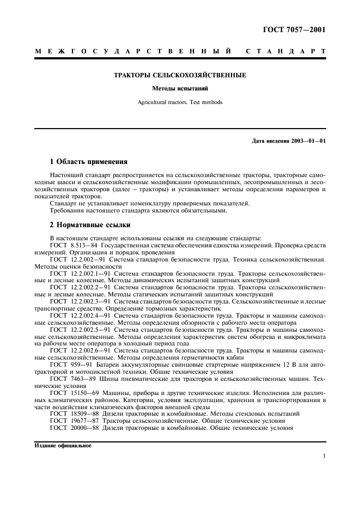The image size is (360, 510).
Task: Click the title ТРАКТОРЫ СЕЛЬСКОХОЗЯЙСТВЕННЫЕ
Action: click(180, 75)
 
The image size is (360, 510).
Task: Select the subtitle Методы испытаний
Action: click(180, 88)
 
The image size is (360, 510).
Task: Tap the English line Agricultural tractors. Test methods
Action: click(180, 102)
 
